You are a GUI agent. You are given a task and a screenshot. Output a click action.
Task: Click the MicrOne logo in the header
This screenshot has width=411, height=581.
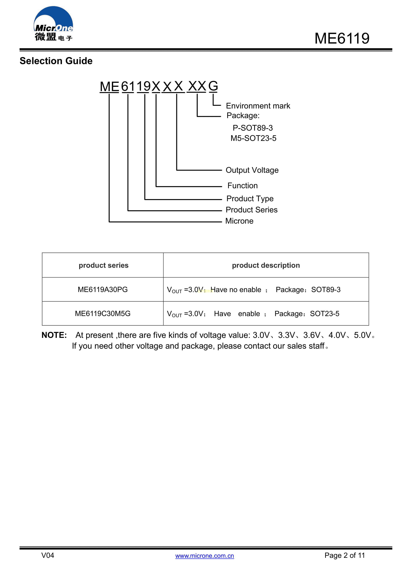[53, 24]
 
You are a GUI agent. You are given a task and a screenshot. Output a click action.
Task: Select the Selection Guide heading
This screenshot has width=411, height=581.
[56, 61]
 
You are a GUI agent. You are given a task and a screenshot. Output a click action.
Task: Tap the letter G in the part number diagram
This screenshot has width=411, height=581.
[213, 86]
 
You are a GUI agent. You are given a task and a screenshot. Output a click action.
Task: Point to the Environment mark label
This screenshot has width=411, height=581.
[258, 106]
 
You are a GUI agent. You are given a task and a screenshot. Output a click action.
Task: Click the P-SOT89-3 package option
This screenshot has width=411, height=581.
[253, 128]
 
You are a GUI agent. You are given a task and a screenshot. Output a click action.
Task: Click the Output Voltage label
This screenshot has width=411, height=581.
[252, 170]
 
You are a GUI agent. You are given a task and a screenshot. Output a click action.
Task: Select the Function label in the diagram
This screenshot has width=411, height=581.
[243, 186]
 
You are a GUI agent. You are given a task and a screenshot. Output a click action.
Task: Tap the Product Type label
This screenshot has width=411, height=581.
[250, 199]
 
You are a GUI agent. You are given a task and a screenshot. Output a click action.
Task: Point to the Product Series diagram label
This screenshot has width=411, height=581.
[252, 210]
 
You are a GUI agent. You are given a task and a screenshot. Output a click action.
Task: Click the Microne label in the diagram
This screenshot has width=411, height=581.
[239, 221]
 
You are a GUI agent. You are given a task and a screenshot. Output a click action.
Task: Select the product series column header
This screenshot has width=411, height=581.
[104, 265]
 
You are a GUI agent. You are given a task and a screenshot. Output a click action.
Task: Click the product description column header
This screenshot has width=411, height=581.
[266, 265]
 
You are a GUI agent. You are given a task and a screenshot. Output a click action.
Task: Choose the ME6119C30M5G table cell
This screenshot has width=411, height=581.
[103, 314]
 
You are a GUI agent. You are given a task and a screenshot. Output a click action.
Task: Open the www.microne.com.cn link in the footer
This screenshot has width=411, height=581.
[204, 556]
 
